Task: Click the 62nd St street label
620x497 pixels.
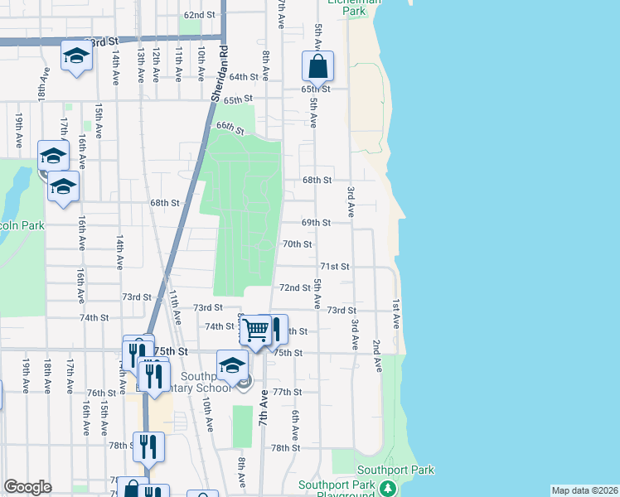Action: point(199,15)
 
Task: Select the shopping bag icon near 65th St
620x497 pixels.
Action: point(317,67)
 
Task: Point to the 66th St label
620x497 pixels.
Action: point(230,128)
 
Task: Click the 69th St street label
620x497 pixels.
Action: point(316,223)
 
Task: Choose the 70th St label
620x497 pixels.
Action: point(297,244)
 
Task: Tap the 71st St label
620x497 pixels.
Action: point(335,267)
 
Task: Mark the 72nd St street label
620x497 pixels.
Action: point(294,287)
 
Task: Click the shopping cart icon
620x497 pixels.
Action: point(256,331)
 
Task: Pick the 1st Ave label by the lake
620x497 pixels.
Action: point(396,311)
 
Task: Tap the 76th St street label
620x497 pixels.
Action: point(101,393)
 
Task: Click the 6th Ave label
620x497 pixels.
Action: point(293,427)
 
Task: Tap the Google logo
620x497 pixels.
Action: point(27,487)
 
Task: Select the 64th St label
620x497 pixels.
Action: point(245,77)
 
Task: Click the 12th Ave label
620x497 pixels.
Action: point(155,64)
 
